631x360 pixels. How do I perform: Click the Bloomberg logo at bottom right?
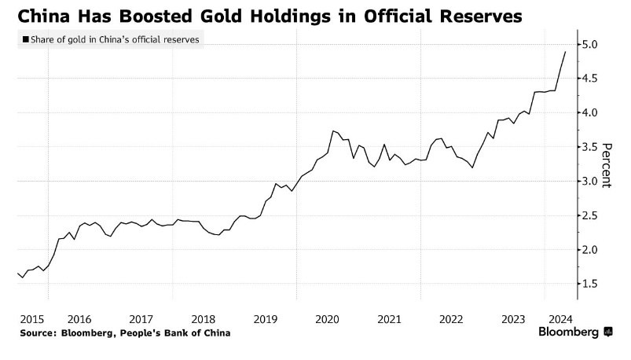(x=574, y=332)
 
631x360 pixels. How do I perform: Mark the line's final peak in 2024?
(x=566, y=52)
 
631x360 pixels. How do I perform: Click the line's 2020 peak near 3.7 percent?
(x=333, y=131)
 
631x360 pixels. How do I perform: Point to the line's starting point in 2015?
(x=17, y=273)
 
